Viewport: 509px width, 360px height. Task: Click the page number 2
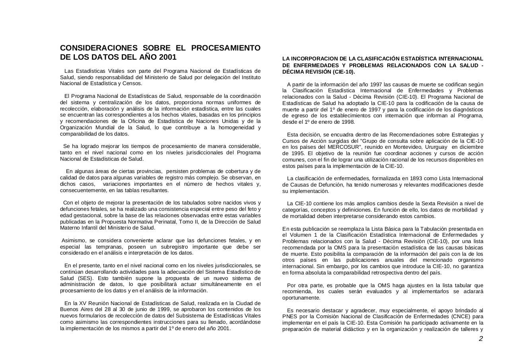tap(480, 339)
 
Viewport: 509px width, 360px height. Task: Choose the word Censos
tap(133, 84)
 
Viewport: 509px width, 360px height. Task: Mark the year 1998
tap(348, 122)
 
